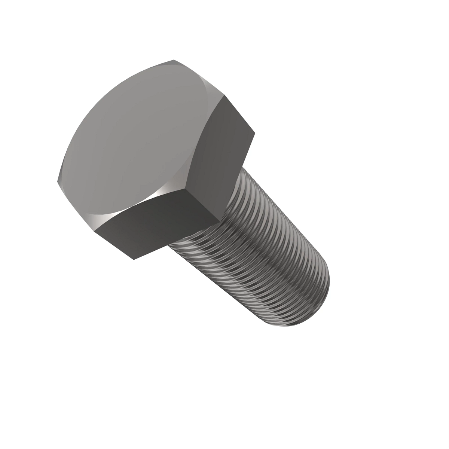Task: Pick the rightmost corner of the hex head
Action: point(255,132)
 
